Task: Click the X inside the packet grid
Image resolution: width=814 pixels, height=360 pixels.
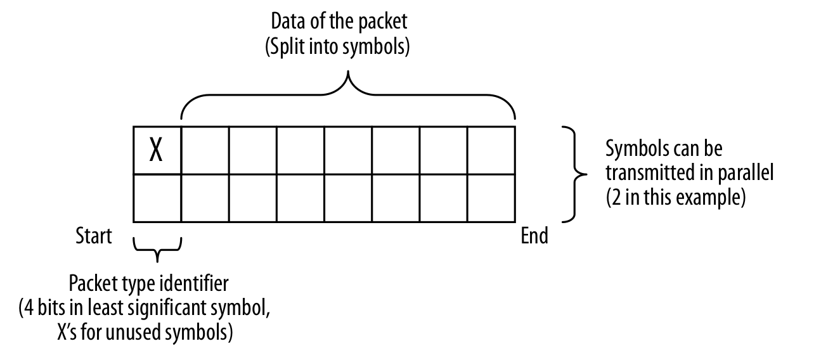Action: click(157, 151)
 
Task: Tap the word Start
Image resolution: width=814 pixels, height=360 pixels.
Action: click(93, 237)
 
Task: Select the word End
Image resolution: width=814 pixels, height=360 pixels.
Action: click(534, 237)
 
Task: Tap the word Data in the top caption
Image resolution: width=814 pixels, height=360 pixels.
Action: click(285, 22)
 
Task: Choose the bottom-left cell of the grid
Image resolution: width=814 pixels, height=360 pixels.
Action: click(157, 198)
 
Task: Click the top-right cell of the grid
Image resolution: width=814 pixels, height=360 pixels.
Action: click(491, 150)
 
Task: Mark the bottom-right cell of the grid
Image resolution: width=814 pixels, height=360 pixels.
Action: click(491, 198)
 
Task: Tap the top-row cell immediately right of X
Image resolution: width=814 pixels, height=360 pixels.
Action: click(205, 150)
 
